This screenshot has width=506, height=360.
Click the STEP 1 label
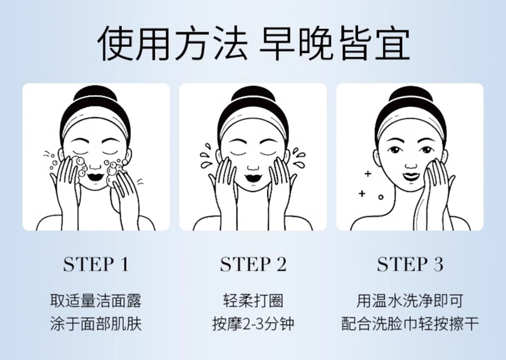coord(96,264)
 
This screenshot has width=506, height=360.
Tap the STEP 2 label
coord(254,264)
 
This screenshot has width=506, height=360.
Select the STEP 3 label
coord(410,264)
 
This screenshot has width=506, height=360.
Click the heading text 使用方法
coord(173,44)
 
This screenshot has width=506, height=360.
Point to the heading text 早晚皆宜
coord(335,44)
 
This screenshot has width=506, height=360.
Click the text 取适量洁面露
coord(96,301)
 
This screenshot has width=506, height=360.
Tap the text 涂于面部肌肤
coord(96,324)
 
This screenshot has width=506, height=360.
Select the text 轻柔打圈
coord(254,301)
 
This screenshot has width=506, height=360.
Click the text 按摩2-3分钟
coord(254,324)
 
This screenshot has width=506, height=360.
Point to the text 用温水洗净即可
coord(410,301)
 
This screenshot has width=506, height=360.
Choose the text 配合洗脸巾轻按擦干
coord(410,324)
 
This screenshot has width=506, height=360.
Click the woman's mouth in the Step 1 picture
coord(96,177)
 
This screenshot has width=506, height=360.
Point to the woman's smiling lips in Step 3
coord(410,177)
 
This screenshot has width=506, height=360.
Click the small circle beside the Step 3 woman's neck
coord(381,197)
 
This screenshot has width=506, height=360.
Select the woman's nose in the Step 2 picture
coord(253,166)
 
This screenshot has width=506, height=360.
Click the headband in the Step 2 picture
coord(254,124)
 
